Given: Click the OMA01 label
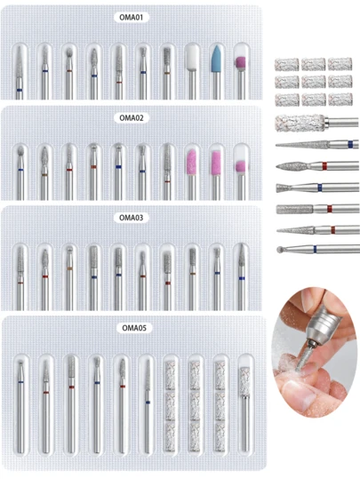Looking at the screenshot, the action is (131, 17).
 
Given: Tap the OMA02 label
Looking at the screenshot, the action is (131, 117).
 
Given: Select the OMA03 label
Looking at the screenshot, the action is (131, 218).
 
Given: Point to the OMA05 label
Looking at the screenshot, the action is (134, 328).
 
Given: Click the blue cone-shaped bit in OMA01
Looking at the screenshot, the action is (216, 72).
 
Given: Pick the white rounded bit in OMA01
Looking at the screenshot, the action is (192, 72).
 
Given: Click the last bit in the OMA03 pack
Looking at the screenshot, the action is (242, 276).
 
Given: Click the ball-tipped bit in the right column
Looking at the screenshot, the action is (318, 249).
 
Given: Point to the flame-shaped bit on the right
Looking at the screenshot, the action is (317, 166).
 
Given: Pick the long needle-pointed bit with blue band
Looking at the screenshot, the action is (317, 144).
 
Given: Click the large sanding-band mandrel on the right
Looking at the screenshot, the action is (316, 124).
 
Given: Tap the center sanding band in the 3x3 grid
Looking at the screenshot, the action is (313, 82).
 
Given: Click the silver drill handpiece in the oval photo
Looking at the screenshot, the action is (322, 327).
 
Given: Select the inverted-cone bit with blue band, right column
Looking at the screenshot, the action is (317, 188).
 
